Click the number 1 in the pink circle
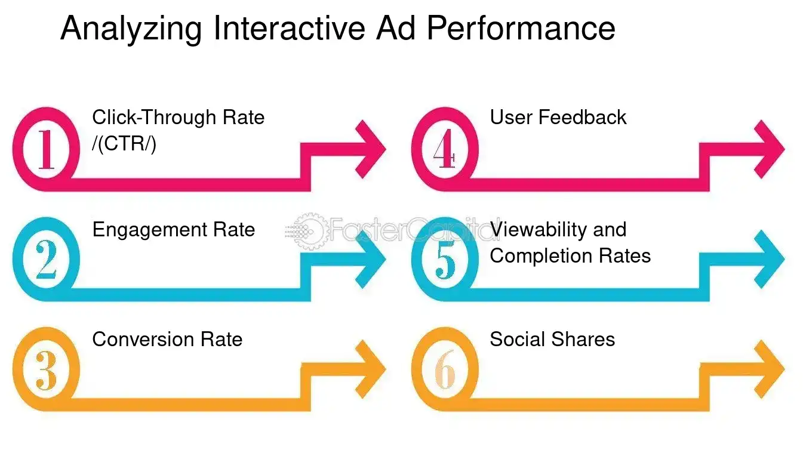[46, 149]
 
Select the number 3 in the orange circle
[46, 370]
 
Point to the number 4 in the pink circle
[445, 149]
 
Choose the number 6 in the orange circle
[445, 370]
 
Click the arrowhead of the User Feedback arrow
[768, 149]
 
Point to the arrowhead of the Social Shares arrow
[768, 370]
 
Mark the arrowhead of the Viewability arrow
[768, 260]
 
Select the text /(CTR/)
[124, 144]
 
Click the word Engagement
[146, 230]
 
